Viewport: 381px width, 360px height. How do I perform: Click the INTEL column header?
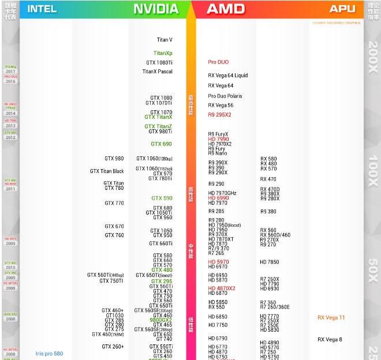click(x=42, y=9)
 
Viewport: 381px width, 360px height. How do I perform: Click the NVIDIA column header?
click(x=156, y=9)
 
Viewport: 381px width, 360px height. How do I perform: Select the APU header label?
click(x=342, y=9)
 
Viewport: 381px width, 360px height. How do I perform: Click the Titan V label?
click(x=165, y=40)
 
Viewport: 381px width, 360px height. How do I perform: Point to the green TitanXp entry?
click(x=163, y=53)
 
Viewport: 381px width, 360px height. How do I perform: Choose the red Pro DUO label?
click(x=218, y=62)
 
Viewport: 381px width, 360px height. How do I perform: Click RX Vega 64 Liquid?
click(x=228, y=75)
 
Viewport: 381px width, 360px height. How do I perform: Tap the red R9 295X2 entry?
click(x=219, y=115)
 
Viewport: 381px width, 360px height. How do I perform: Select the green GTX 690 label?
click(x=161, y=144)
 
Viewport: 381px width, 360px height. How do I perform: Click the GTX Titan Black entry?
click(x=107, y=171)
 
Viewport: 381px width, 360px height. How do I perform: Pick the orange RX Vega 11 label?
click(x=331, y=317)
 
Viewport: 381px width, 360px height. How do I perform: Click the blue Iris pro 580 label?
click(x=49, y=353)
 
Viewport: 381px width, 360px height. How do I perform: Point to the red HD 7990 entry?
click(x=219, y=139)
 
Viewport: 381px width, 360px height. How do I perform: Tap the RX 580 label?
click(x=268, y=159)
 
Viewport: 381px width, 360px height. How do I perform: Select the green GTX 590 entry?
click(x=162, y=198)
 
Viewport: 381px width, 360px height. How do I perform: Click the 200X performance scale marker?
click(x=373, y=57)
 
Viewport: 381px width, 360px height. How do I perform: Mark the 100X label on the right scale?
click(x=373, y=172)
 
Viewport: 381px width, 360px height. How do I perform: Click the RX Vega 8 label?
click(x=330, y=339)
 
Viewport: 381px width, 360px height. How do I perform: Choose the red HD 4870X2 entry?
click(x=222, y=288)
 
